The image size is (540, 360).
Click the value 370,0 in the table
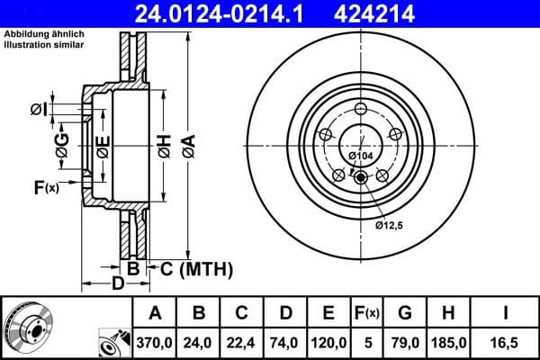click(155, 343)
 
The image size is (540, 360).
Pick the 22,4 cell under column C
click(241, 343)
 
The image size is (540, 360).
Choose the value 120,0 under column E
click(328, 343)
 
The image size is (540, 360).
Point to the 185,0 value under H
click(448, 343)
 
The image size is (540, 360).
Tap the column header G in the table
click(405, 313)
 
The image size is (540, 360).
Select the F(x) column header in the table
click(367, 313)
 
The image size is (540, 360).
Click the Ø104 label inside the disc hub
click(360, 157)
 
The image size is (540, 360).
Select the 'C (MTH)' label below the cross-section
click(196, 268)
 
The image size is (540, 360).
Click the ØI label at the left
click(38, 109)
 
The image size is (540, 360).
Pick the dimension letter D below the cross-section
click(117, 285)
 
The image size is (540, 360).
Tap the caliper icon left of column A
click(113, 343)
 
